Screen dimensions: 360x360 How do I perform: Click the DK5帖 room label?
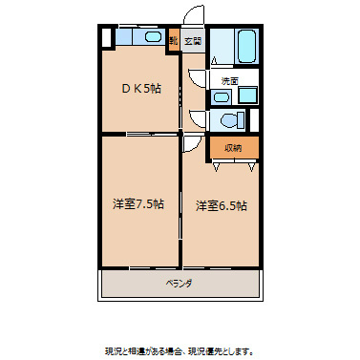140,88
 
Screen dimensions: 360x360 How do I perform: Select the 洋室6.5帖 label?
222,204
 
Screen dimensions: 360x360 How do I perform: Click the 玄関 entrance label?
193,41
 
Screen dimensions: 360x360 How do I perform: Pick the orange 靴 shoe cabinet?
174,41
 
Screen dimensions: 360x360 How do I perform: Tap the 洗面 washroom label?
229,80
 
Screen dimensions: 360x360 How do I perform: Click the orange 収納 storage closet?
233,147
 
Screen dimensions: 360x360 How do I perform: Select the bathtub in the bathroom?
244,46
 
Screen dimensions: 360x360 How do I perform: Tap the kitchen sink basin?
150,38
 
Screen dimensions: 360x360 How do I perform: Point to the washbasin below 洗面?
222,95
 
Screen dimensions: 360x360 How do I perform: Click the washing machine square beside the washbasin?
247,95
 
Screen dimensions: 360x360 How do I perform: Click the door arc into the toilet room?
198,120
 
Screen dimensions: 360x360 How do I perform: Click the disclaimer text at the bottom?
179,349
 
